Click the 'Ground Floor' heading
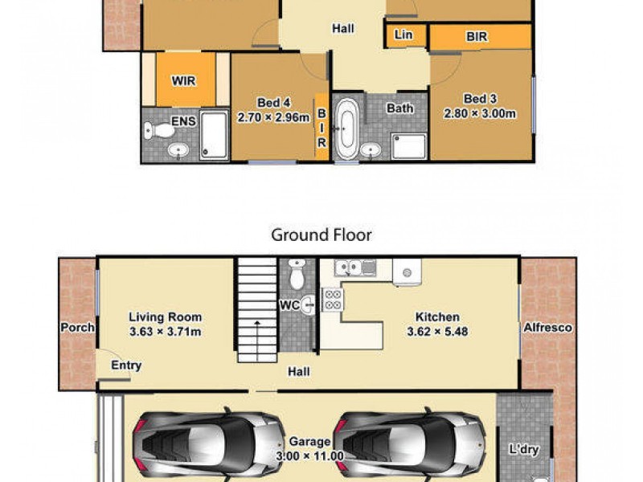[x=321, y=235]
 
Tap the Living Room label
[x=166, y=317]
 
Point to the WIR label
[x=183, y=81]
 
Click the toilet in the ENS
[x=163, y=129]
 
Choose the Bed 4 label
[x=273, y=102]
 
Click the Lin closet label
[x=403, y=35]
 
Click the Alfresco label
[x=547, y=328]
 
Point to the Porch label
[x=77, y=328]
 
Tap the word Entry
[x=126, y=366]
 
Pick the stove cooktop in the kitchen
[x=333, y=300]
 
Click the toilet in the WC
[x=296, y=276]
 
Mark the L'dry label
[x=524, y=449]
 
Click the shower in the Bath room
[x=408, y=146]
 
